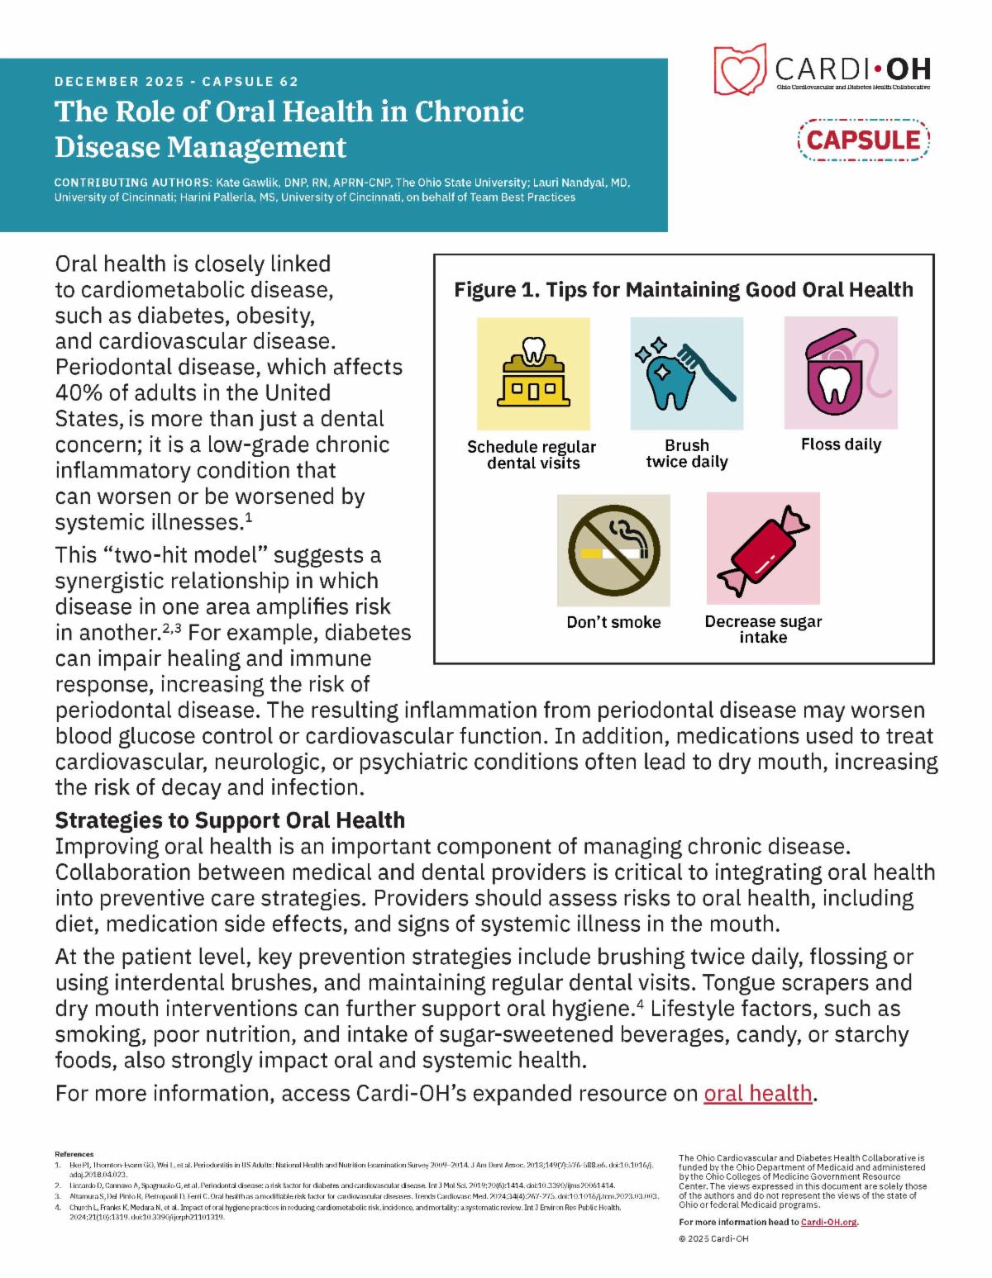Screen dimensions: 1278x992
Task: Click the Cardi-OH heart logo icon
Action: (x=740, y=69)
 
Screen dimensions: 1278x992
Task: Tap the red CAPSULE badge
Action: (x=864, y=139)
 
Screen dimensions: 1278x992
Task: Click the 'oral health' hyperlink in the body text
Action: (x=758, y=1093)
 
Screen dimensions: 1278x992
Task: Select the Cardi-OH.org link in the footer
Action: (x=829, y=1222)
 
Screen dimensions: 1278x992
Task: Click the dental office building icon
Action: (x=534, y=373)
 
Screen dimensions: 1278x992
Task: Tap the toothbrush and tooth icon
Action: (x=687, y=373)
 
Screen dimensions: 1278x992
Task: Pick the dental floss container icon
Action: (x=840, y=373)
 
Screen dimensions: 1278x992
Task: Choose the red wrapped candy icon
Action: (x=763, y=549)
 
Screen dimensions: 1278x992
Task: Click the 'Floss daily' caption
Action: (x=841, y=444)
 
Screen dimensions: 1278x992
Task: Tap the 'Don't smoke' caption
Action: (x=613, y=622)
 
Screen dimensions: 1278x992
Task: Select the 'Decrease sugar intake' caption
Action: (x=763, y=629)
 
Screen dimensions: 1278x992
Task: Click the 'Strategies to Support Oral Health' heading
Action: (x=230, y=820)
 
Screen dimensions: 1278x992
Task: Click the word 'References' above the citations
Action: (x=74, y=1154)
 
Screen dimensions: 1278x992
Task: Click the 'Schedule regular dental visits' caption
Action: (x=532, y=454)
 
